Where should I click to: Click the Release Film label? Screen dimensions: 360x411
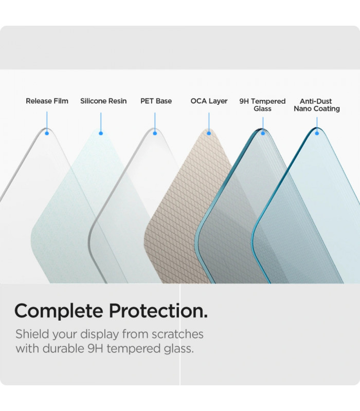point(47,101)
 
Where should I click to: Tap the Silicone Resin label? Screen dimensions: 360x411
point(103,101)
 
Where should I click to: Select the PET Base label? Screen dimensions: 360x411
point(156,101)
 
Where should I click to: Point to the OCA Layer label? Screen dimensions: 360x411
point(209,101)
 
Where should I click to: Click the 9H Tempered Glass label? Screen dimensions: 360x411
point(262,105)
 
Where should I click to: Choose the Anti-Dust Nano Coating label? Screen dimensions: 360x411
point(317,105)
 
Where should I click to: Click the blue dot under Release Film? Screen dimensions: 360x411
point(47,133)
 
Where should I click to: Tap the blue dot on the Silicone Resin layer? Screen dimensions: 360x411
point(101,133)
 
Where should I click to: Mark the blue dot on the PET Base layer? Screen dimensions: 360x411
point(155,133)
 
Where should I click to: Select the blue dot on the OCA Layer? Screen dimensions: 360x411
point(209,133)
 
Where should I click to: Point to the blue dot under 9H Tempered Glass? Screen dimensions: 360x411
point(263,133)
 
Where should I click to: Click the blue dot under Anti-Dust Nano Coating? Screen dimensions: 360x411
point(317,133)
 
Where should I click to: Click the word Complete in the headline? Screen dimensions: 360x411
point(59,311)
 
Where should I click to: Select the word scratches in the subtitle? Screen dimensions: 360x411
point(177,334)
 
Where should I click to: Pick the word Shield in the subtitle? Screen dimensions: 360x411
point(32,334)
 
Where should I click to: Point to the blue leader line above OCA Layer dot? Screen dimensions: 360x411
point(209,122)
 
